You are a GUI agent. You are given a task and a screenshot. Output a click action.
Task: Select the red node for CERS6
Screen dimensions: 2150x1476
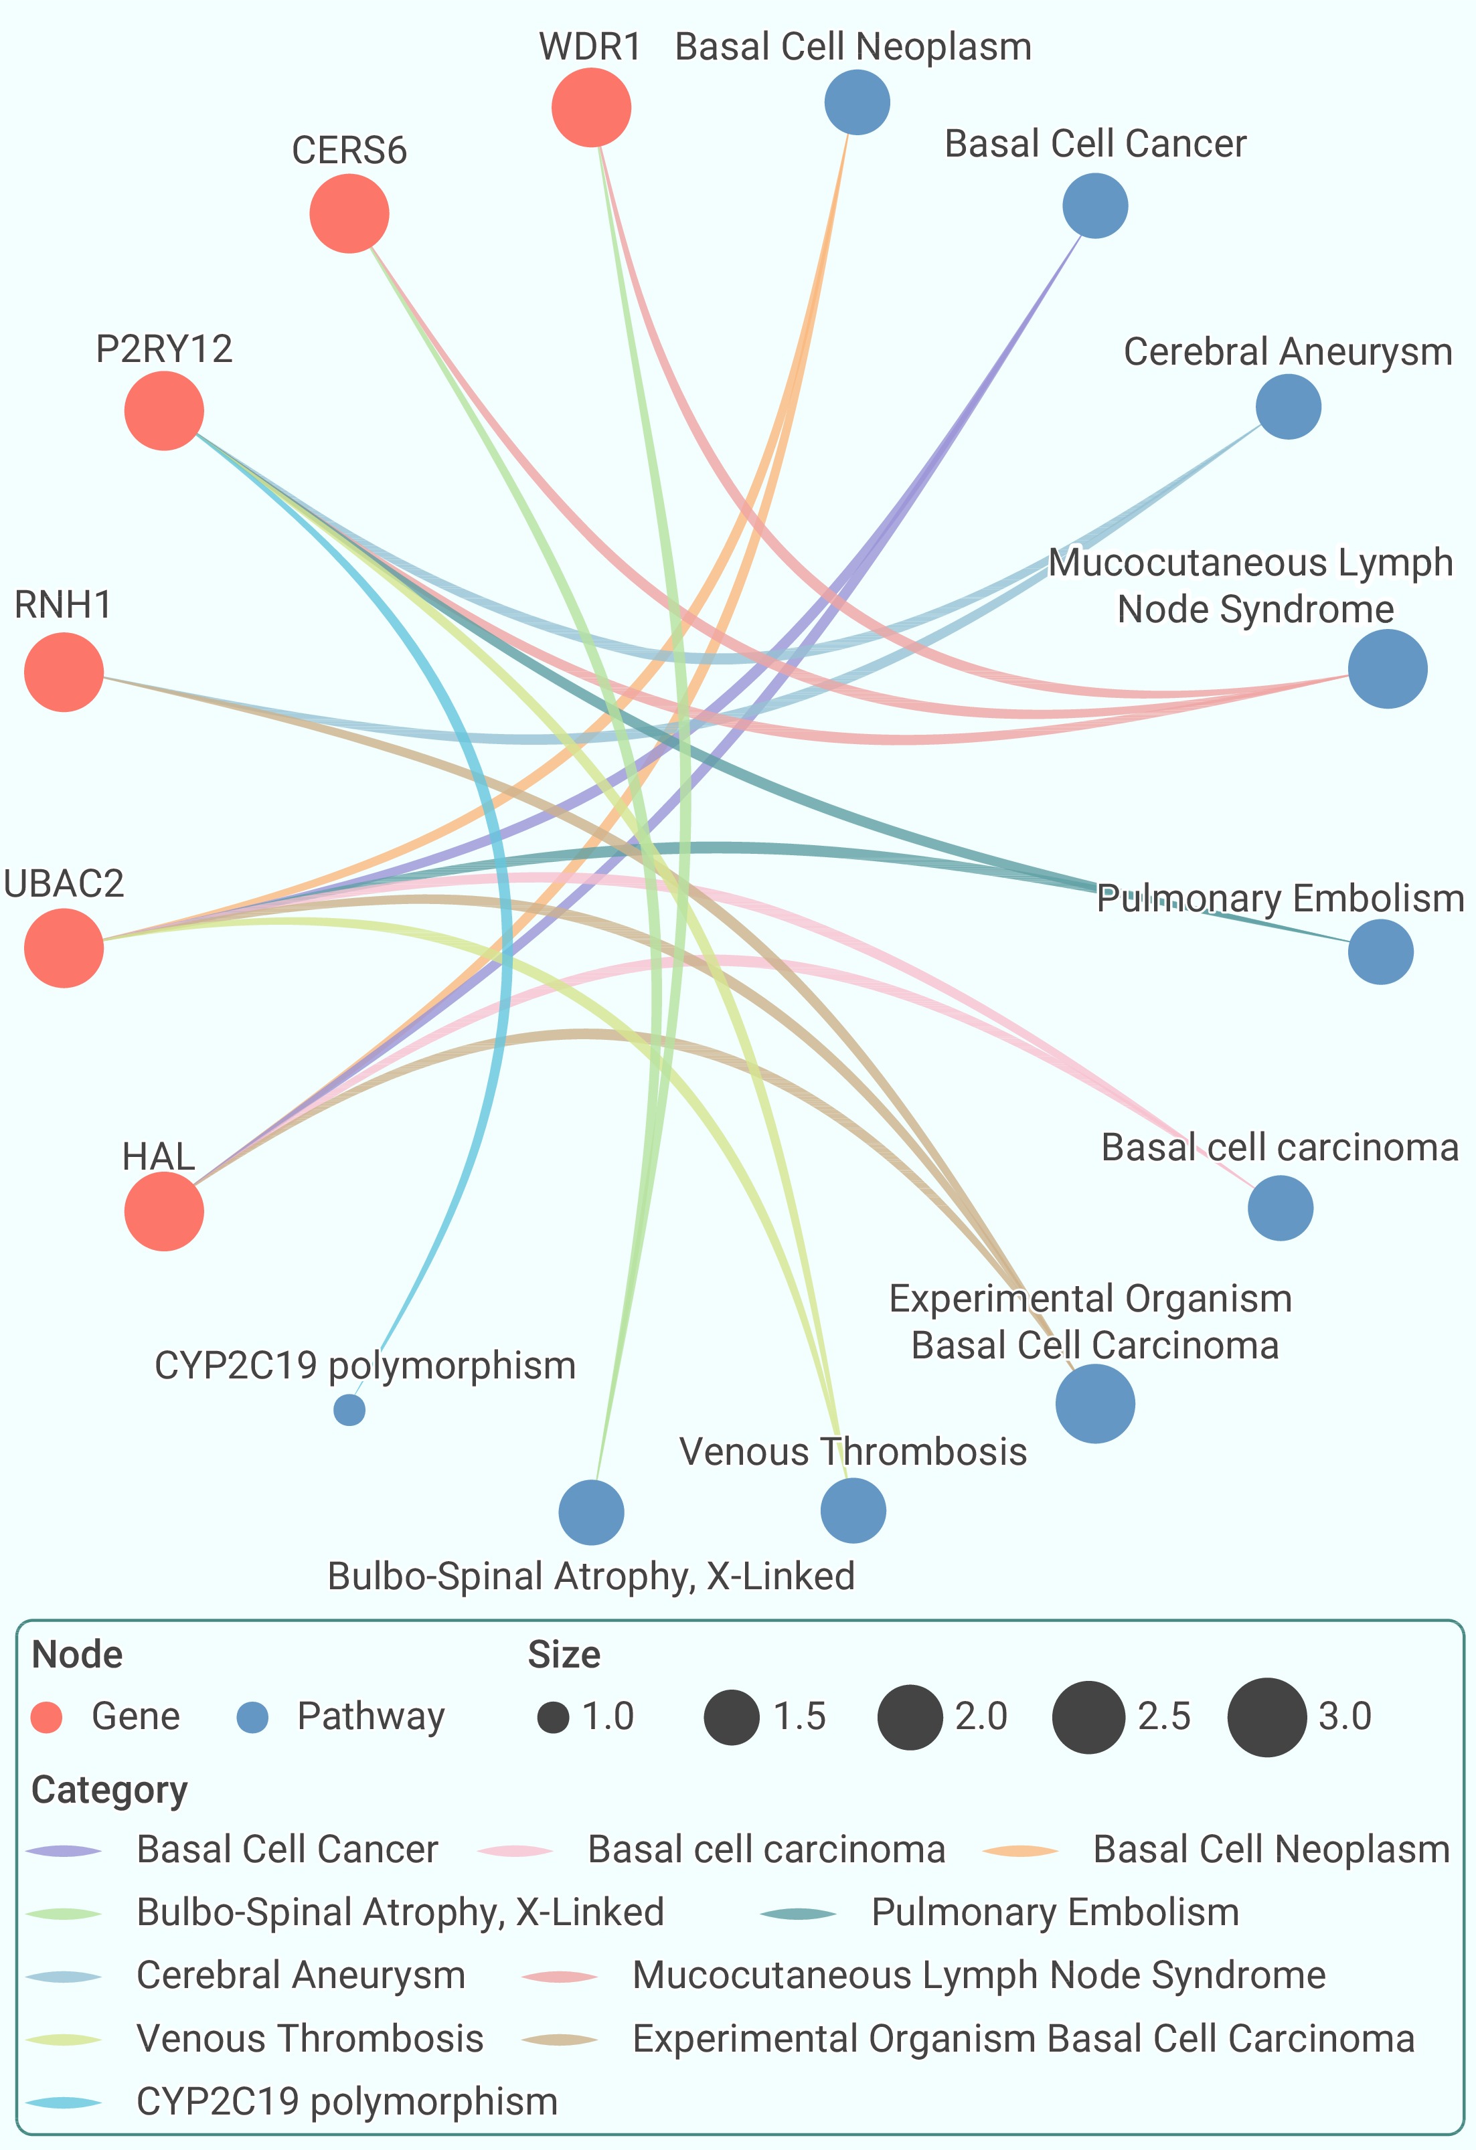click(x=349, y=213)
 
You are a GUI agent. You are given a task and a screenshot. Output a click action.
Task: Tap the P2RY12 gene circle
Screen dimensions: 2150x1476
click(x=164, y=411)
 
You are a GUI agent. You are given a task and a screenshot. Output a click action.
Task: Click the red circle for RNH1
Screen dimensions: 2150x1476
click(x=64, y=672)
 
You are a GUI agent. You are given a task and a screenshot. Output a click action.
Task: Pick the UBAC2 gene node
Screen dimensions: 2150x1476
click(x=64, y=948)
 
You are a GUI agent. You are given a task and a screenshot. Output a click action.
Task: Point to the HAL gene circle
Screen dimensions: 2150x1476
click(x=164, y=1211)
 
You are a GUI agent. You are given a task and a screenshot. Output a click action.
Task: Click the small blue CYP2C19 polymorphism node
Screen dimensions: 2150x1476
click(x=349, y=1410)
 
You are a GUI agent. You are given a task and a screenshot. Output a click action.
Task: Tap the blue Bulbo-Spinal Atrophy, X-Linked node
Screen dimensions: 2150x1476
click(x=591, y=1512)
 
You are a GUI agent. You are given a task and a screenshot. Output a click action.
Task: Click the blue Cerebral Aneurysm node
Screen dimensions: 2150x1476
click(x=1288, y=406)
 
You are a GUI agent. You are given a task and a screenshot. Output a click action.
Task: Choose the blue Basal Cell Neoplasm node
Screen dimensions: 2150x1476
click(x=857, y=102)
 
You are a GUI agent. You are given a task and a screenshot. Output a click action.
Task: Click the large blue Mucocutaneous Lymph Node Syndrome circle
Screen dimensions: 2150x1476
click(x=1387, y=669)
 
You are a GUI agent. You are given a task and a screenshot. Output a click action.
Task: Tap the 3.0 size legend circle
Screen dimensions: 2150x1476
click(x=1267, y=1717)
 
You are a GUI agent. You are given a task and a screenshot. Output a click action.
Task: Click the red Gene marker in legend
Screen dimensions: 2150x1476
click(x=46, y=1717)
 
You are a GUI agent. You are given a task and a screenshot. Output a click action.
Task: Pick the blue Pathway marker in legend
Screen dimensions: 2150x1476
click(x=252, y=1717)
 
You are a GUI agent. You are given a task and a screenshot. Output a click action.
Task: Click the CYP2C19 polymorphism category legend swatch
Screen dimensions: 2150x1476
click(x=64, y=2102)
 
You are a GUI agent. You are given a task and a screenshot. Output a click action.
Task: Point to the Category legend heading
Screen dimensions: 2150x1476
click(x=109, y=1790)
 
